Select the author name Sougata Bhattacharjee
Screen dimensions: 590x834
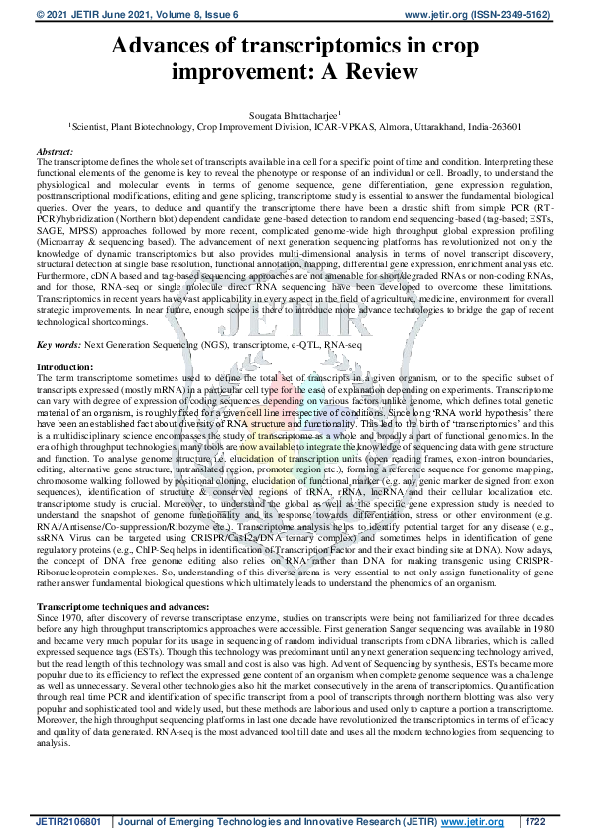click(x=294, y=116)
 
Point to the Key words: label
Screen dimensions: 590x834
click(x=59, y=344)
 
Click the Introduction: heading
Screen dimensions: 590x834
click(x=64, y=367)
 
